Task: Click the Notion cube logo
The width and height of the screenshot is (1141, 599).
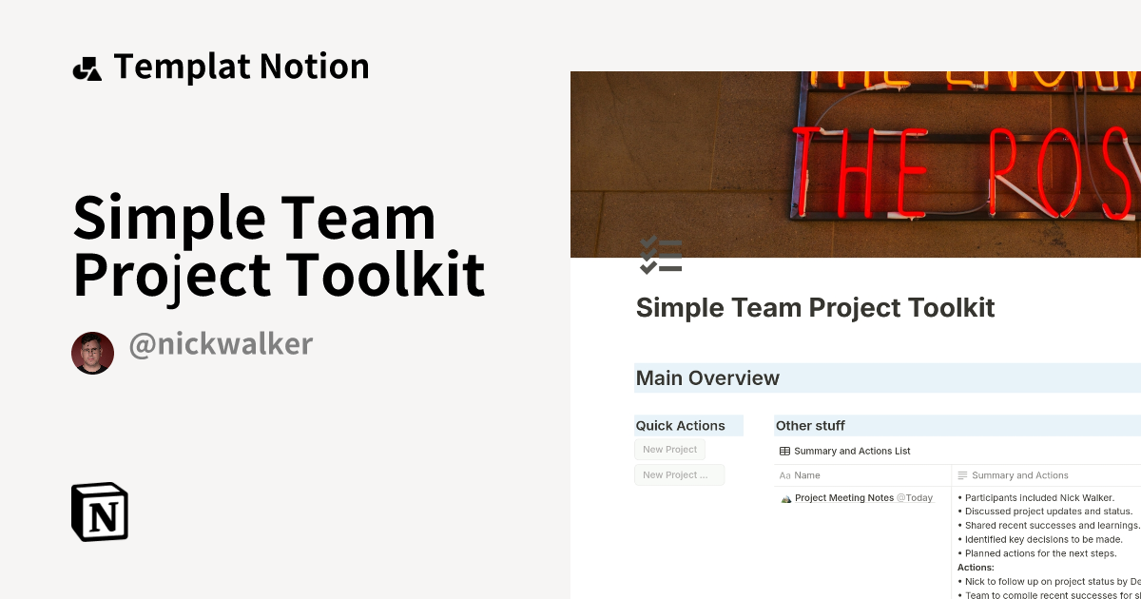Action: tap(100, 512)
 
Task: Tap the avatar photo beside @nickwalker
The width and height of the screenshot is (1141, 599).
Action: tap(92, 353)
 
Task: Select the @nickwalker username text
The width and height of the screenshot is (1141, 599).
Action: tap(221, 344)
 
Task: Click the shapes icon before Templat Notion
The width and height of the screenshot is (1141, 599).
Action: tap(87, 68)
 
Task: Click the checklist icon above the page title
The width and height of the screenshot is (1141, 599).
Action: tap(661, 255)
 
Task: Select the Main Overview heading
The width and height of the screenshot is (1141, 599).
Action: tap(707, 378)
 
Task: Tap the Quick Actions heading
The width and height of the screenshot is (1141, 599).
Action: tap(680, 426)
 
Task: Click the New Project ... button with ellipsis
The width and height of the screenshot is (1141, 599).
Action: tap(678, 475)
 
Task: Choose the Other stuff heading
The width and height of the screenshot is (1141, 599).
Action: tap(810, 426)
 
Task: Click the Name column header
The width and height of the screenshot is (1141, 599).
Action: tap(806, 475)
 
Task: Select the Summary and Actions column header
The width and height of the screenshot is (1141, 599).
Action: tap(1019, 475)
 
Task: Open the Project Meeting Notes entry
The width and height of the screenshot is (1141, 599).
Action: tap(843, 498)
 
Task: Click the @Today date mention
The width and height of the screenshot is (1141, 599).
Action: tap(915, 498)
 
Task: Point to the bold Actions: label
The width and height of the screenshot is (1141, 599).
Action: tap(976, 568)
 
